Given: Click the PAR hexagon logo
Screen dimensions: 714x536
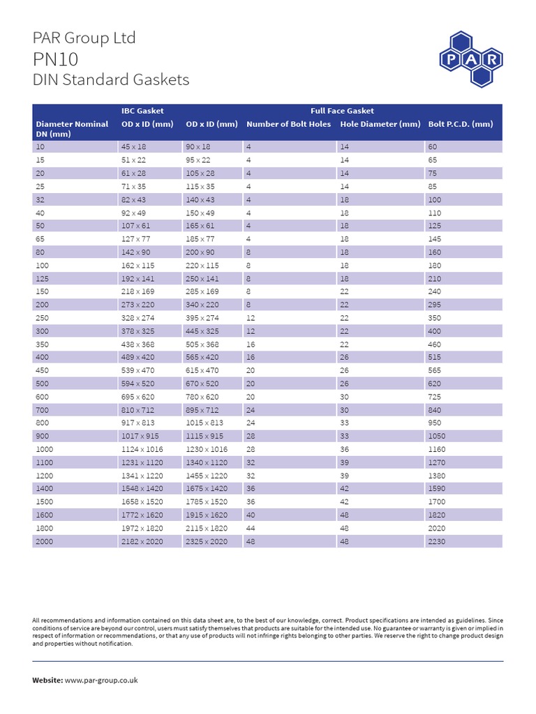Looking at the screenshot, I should (471, 60).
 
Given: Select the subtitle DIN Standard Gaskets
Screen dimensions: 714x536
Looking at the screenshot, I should (111, 79).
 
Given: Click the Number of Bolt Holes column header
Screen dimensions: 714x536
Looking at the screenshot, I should (288, 124).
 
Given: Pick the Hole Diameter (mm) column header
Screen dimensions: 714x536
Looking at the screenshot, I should (380, 124).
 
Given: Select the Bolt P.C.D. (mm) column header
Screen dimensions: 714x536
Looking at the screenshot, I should (461, 124).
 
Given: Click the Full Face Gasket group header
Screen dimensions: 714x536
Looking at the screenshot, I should (342, 110).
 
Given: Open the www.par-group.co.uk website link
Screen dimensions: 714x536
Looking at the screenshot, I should (101, 680).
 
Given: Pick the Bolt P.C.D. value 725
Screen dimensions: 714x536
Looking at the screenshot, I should (435, 397).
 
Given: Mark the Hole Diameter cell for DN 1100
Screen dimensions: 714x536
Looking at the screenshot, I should (345, 462).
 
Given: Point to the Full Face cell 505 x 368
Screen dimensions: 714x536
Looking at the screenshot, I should (202, 344).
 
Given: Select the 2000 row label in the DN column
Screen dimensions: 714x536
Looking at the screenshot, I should (46, 541).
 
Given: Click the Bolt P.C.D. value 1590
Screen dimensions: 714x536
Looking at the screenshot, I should (438, 489).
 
